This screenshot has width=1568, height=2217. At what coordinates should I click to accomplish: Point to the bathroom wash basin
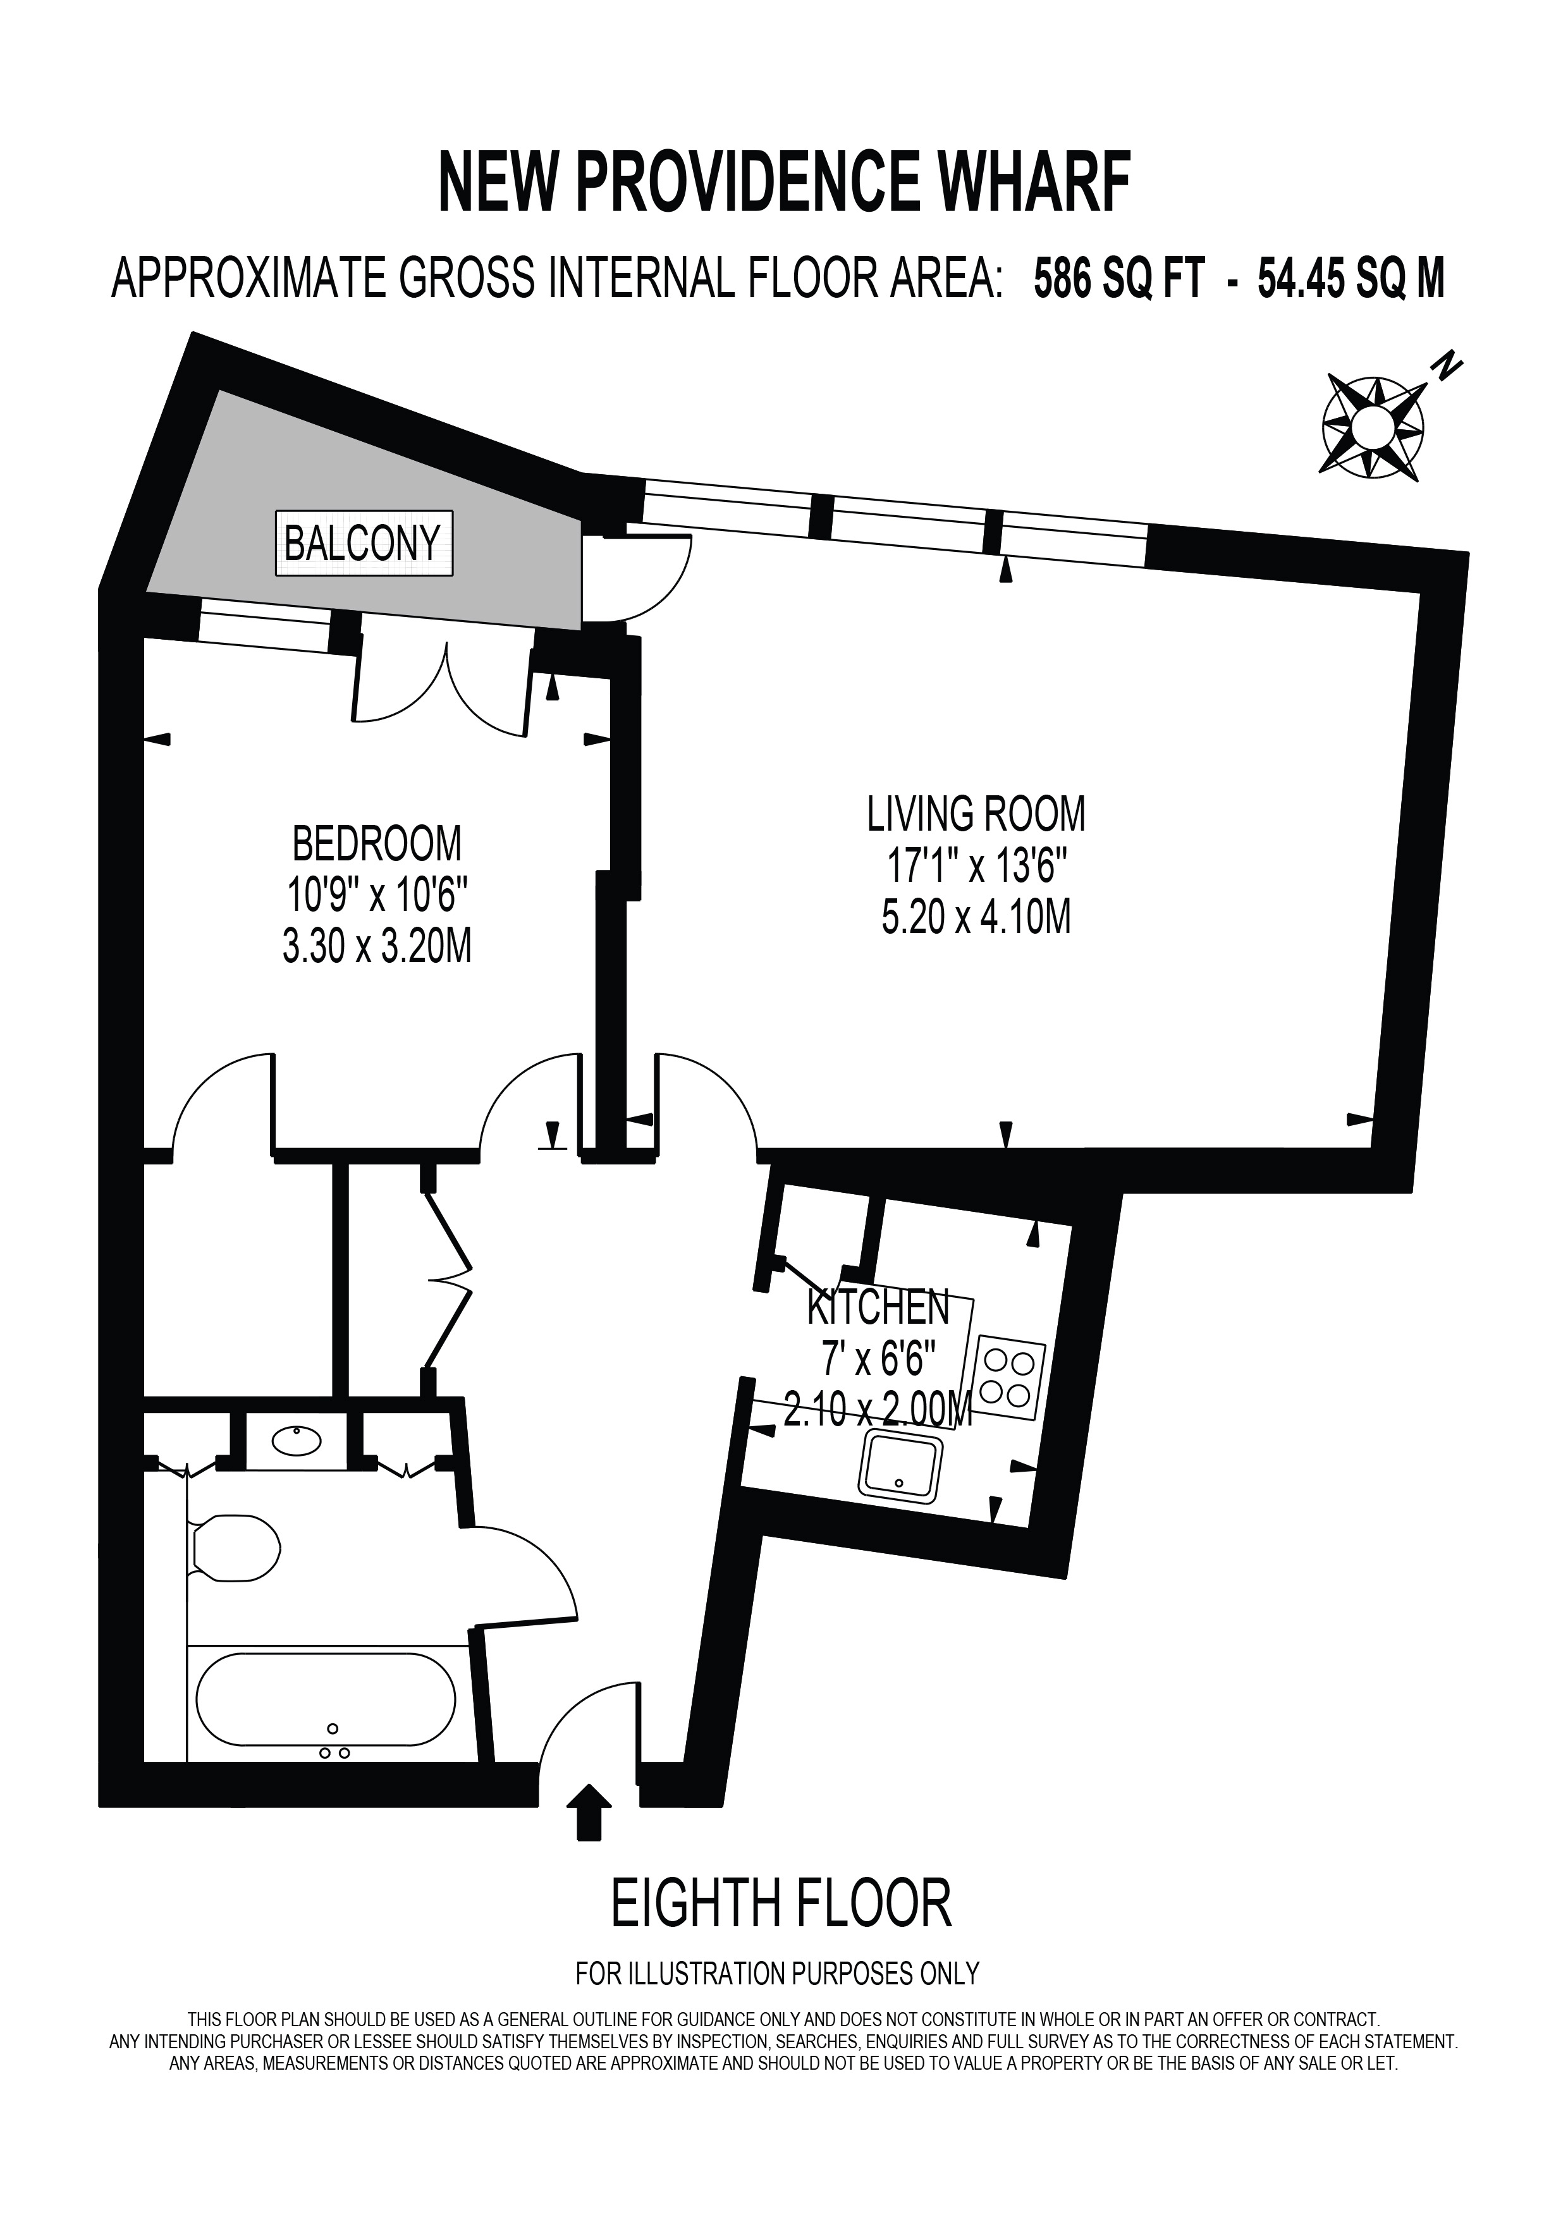coord(297,1441)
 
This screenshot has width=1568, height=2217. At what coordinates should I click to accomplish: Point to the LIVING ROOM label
coord(976,814)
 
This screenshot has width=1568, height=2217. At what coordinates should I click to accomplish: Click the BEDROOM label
coord(377,843)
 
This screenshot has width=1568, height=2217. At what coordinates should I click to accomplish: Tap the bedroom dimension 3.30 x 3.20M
coord(377,947)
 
